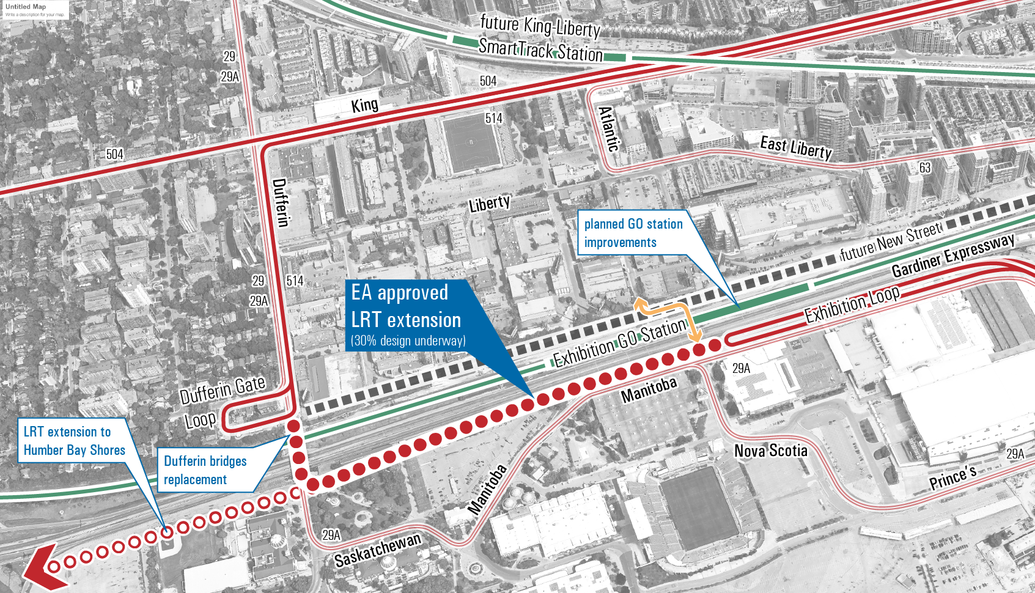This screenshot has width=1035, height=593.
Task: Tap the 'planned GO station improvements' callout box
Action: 633,233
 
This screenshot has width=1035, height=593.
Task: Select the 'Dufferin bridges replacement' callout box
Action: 205,470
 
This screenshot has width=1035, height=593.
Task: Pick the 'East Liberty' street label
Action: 795,147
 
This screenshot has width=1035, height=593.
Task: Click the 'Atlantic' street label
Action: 608,129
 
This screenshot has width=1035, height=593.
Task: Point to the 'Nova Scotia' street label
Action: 770,451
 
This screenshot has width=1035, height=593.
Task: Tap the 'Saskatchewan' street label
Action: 378,550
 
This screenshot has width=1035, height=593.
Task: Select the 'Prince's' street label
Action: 952,477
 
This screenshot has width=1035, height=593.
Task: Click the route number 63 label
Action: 924,168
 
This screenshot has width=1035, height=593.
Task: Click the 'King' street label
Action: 364,105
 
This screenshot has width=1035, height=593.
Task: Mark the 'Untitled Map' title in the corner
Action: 26,7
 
